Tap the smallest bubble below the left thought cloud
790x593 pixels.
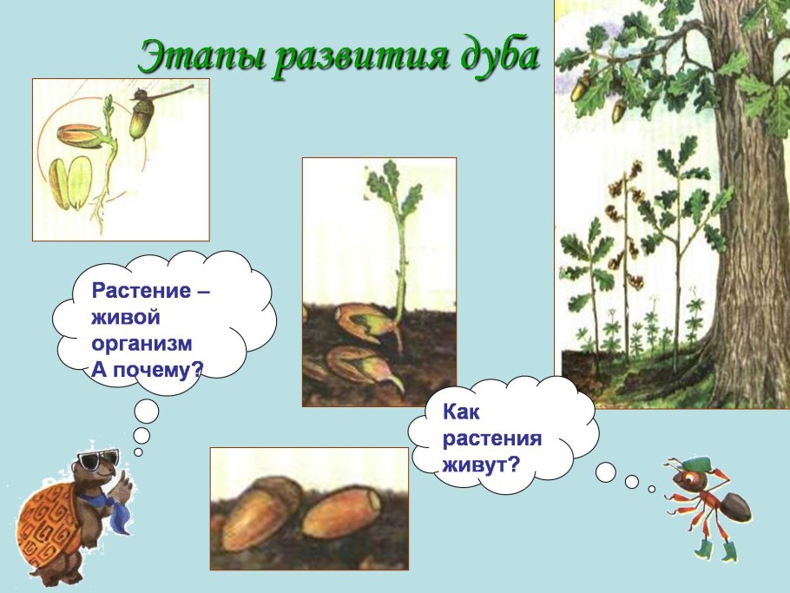click(138, 451)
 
